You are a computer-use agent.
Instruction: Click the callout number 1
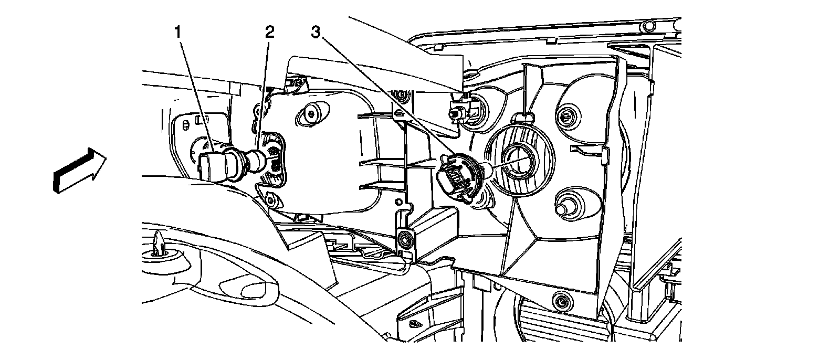[178, 33]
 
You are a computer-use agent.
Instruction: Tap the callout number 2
[269, 33]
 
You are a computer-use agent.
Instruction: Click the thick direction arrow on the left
[79, 169]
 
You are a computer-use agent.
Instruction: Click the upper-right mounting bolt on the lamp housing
[565, 115]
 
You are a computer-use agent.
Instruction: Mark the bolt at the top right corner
[648, 26]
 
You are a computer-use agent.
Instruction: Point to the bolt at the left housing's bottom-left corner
[271, 200]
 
